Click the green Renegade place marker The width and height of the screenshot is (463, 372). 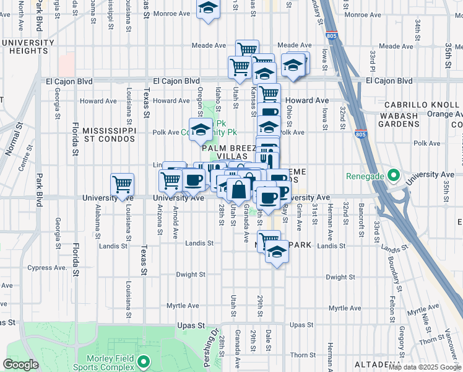(392, 176)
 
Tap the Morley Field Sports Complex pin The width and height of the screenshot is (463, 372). (144, 361)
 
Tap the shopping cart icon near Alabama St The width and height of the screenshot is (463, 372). (122, 184)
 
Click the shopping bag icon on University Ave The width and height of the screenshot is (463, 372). (238, 190)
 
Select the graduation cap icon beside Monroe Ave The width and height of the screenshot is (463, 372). (209, 9)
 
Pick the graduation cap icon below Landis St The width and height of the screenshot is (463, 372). (277, 253)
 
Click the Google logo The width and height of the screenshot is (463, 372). (20, 365)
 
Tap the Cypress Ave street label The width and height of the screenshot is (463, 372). (47, 268)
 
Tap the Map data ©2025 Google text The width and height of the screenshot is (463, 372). (425, 367)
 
